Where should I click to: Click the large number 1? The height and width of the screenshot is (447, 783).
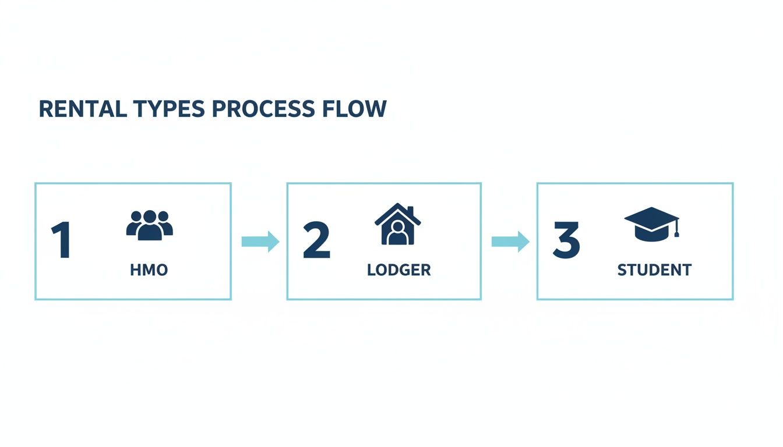(61, 241)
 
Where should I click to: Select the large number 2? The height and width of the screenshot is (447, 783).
(317, 241)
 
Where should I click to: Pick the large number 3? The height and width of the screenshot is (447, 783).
(566, 241)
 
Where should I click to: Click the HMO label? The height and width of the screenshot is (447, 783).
(149, 270)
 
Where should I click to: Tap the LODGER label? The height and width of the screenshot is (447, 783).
(399, 270)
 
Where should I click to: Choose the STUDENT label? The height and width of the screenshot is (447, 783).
(654, 270)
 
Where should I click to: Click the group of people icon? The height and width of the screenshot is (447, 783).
(150, 225)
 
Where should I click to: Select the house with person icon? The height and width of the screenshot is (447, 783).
(398, 224)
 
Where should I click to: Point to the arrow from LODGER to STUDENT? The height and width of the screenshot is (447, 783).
(510, 241)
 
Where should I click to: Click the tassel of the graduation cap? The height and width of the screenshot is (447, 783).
(677, 231)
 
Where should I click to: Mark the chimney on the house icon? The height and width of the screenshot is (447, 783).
(410, 210)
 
